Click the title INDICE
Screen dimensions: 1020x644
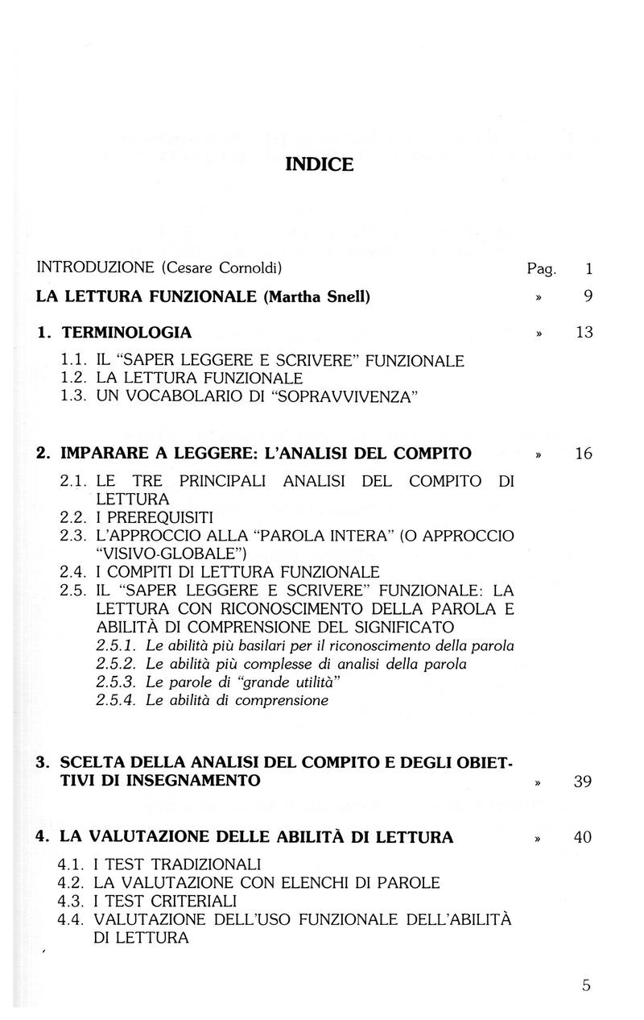320,165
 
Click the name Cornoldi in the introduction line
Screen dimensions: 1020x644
237,267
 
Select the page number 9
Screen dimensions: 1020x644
588,296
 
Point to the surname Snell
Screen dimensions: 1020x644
346,296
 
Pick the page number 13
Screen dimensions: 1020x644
584,332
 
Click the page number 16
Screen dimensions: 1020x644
584,454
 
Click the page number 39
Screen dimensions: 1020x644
584,782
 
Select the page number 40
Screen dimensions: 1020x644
584,837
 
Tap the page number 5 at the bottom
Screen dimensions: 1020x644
586,985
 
